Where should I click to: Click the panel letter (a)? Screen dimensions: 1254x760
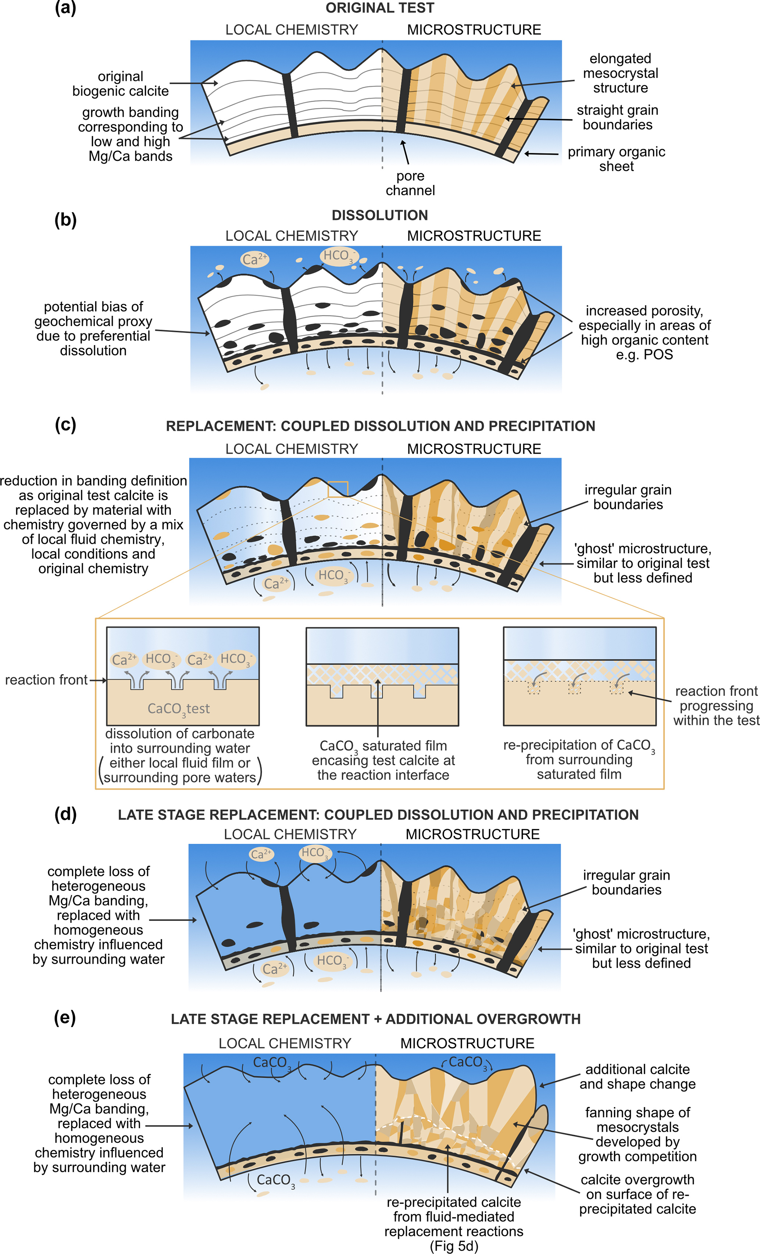[65, 9]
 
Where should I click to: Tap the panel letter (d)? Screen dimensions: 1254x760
[65, 814]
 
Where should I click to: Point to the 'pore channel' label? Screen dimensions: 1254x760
[410, 183]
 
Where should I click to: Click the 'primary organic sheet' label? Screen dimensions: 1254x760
[616, 159]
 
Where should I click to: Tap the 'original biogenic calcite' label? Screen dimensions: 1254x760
[121, 84]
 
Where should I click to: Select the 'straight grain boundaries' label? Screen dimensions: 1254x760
[617, 118]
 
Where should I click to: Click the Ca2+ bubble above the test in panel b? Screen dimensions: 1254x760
[254, 259]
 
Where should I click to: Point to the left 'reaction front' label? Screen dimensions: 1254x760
[46, 680]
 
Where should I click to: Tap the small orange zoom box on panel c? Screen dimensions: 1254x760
[338, 489]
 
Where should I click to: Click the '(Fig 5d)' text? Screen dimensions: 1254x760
[454, 1246]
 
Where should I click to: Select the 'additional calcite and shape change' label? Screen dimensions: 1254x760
[638, 1076]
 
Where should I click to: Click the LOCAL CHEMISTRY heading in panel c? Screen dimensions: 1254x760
[292, 449]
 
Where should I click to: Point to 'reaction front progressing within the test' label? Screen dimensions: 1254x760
[716, 705]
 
